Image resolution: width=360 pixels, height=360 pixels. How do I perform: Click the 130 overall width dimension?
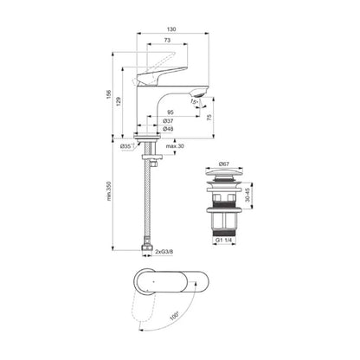[x=173, y=27]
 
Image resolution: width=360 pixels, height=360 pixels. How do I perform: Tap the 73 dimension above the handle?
[x=166, y=41]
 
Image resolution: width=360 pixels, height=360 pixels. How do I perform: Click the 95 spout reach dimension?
[x=171, y=112]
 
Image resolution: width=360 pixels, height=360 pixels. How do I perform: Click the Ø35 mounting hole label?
[x=126, y=147]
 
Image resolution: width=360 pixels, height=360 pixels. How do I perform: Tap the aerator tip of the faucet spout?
[x=200, y=90]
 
